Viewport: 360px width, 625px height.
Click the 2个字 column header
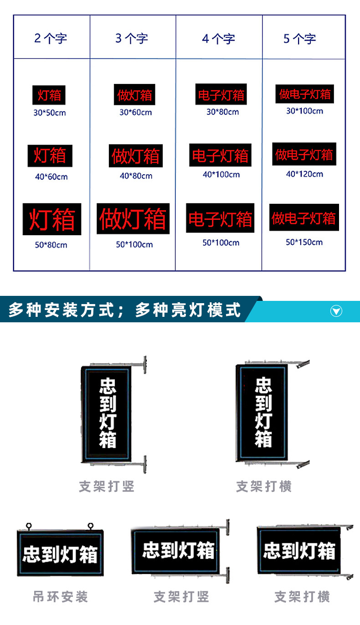[51, 38]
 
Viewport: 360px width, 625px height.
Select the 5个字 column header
[299, 39]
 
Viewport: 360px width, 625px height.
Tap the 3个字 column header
[132, 38]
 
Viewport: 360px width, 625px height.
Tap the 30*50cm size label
[50, 113]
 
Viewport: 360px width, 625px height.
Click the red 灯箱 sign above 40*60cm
[50, 156]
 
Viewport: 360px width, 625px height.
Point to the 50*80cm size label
[51, 245]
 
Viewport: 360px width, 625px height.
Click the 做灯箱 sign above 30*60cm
[134, 94]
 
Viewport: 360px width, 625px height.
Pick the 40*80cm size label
[136, 176]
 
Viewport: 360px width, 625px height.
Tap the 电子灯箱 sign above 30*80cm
[221, 94]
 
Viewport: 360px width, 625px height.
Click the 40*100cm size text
[221, 175]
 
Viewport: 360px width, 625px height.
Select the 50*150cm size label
[304, 242]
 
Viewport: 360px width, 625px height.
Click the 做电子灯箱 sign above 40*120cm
[304, 154]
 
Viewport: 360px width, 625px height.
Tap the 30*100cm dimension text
[305, 111]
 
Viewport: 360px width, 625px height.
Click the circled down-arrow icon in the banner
[336, 311]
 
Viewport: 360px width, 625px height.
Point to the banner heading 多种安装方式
[61, 310]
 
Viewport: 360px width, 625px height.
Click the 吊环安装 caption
[60, 597]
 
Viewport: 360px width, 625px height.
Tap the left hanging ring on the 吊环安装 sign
[29, 526]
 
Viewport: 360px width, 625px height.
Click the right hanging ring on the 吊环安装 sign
[90, 526]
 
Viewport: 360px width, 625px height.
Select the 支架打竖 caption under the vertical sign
[107, 486]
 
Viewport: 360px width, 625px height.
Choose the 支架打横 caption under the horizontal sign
[302, 597]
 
